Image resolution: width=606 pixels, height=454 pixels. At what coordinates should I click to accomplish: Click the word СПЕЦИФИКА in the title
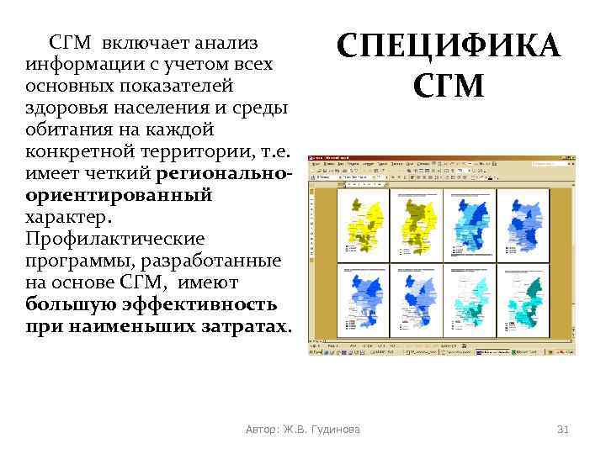449,45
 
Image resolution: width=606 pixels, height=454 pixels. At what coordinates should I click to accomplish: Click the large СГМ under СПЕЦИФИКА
449,85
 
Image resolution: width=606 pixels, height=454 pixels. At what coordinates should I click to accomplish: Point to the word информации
78,64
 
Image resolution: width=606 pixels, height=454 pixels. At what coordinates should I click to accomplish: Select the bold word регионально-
231,173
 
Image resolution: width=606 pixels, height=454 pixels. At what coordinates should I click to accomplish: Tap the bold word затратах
244,326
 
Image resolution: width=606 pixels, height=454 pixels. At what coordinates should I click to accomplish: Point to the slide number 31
563,430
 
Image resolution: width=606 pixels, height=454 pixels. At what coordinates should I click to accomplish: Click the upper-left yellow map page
363,224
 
